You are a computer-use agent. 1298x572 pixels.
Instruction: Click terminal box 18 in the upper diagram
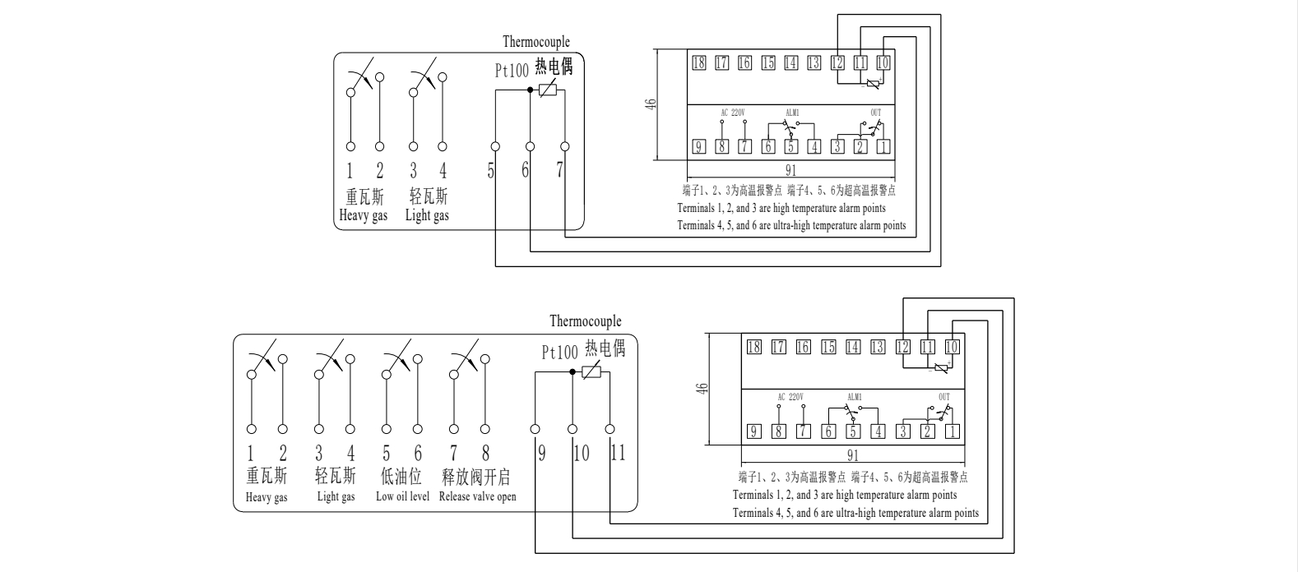tap(699, 62)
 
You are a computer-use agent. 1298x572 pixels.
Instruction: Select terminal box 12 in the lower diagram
tap(902, 347)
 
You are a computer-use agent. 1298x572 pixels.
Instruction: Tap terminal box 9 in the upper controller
tap(699, 147)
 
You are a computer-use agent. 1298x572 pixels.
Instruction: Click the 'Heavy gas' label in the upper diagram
tap(364, 216)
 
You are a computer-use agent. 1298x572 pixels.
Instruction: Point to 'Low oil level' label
tap(402, 496)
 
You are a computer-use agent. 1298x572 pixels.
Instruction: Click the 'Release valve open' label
tap(477, 496)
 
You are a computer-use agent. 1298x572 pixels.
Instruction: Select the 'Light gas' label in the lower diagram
tap(336, 496)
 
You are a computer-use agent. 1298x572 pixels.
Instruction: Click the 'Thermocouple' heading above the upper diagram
tap(536, 42)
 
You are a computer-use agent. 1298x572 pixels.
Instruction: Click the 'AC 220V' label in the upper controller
tap(732, 113)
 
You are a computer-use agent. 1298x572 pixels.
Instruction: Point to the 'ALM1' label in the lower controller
tap(854, 397)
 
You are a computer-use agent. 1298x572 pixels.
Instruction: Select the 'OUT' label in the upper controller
tap(875, 113)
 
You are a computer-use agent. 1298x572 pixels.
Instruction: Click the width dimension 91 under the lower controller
tap(852, 454)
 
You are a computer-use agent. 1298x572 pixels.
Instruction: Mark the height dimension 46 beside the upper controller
tap(651, 104)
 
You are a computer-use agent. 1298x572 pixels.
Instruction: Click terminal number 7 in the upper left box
tap(560, 171)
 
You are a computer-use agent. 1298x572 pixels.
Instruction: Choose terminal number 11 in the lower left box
tap(618, 453)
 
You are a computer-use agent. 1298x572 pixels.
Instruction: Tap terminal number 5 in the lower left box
tap(386, 453)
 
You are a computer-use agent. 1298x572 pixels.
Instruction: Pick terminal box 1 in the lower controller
tap(953, 431)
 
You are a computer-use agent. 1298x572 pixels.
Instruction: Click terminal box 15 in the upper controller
tap(768, 62)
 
